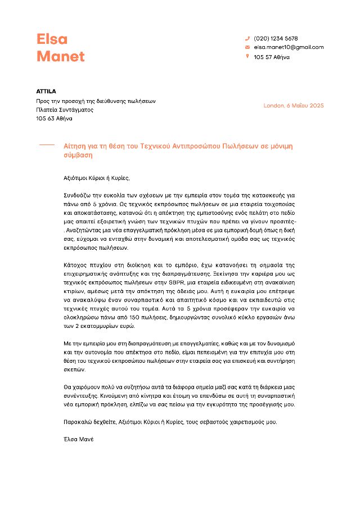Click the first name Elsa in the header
52,39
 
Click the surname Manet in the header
60,56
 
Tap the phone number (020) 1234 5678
276,38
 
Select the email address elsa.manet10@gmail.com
289,47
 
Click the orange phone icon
247,38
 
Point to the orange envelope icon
247,47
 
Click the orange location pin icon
247,56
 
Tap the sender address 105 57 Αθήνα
272,57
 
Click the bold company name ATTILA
46,91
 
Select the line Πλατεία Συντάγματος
65,110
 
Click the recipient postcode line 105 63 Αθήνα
54,119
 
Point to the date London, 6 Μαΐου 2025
293,105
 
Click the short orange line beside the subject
47,145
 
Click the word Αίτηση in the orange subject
75,146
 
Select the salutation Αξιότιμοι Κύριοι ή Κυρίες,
97,178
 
